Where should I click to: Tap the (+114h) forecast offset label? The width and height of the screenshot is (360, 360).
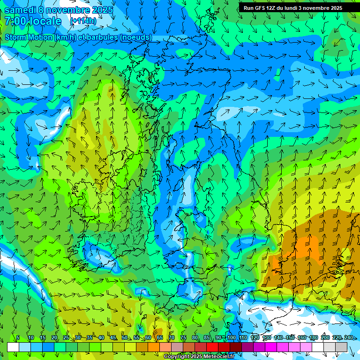coord(83,21)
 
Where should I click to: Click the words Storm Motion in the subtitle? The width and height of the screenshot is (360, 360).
coord(28,37)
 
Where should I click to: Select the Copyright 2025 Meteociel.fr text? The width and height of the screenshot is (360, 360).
coord(199,357)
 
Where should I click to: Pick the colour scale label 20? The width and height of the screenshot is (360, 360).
coord(54,338)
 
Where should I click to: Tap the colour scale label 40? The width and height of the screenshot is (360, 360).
coord(101,338)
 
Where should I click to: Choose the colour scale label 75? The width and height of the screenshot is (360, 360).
coord(183,338)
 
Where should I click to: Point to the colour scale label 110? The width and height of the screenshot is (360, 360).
coord(243,338)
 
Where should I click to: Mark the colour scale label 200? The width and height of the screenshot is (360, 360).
coord(325,338)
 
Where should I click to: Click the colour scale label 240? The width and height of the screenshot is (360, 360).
coord(348,338)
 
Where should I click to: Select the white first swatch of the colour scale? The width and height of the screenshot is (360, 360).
coord(13,347)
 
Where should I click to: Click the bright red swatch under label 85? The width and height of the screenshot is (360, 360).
coord(212,347)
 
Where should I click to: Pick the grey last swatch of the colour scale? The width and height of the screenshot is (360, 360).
coord(341,347)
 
